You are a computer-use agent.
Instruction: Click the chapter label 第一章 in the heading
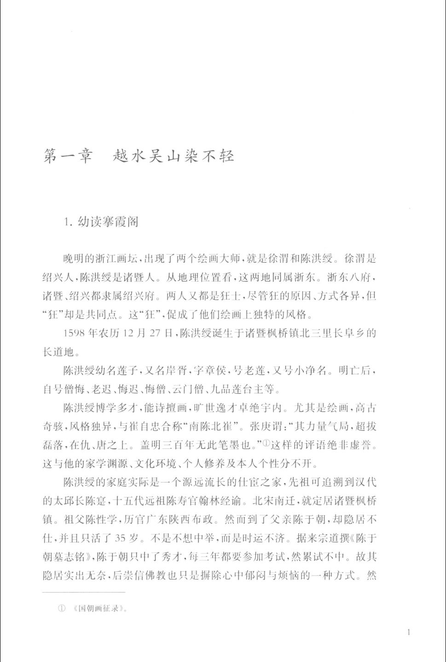[67, 156]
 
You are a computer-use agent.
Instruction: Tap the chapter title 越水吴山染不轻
[174, 156]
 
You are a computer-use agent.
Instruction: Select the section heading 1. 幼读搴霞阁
[102, 222]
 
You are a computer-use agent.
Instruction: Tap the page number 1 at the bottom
[409, 632]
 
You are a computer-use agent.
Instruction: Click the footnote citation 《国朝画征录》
[99, 608]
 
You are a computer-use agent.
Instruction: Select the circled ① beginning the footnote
[61, 608]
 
